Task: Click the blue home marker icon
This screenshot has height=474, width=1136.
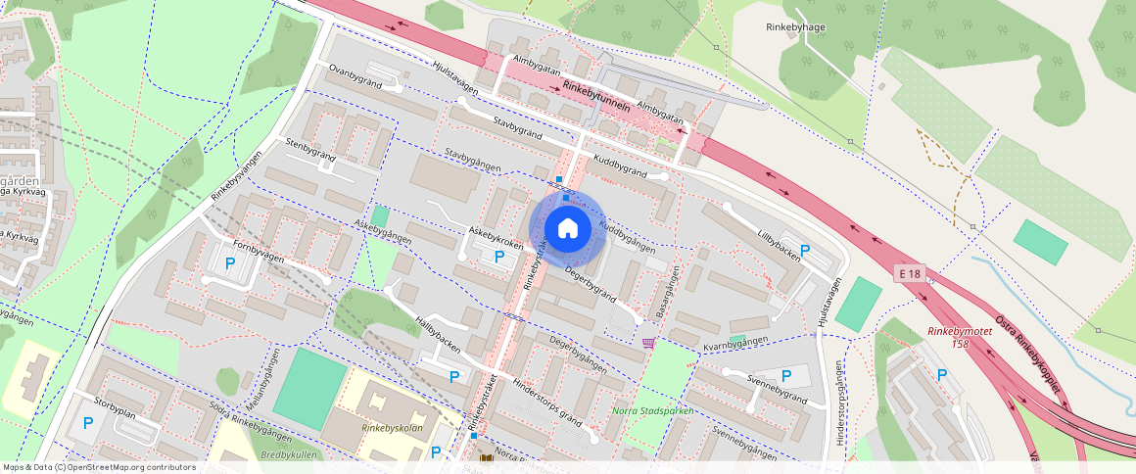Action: pos(567,229)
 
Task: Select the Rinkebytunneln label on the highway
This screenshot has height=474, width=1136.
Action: pos(595,97)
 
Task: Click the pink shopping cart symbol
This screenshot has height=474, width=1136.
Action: pos(648,342)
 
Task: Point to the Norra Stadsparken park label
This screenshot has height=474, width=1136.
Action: pos(651,411)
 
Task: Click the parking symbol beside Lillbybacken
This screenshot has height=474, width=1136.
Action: pos(805,251)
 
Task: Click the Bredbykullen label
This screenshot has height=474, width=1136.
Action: pos(288,455)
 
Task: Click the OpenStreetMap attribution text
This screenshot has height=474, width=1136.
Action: pos(98,467)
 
